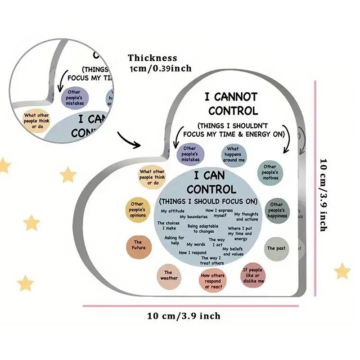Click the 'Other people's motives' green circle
click(x=270, y=172)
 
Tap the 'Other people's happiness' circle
click(x=277, y=210)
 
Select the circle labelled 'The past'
click(x=276, y=248)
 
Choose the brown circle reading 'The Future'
click(x=137, y=245)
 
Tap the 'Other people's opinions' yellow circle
click(x=137, y=209)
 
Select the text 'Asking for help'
click(x=174, y=240)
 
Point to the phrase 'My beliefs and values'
click(x=234, y=252)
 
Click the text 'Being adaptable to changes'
click(x=201, y=229)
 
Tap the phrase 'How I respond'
click(x=193, y=252)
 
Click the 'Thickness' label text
click(x=152, y=58)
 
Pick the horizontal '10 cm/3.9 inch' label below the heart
click(x=184, y=316)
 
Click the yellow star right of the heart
click(x=342, y=271)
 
